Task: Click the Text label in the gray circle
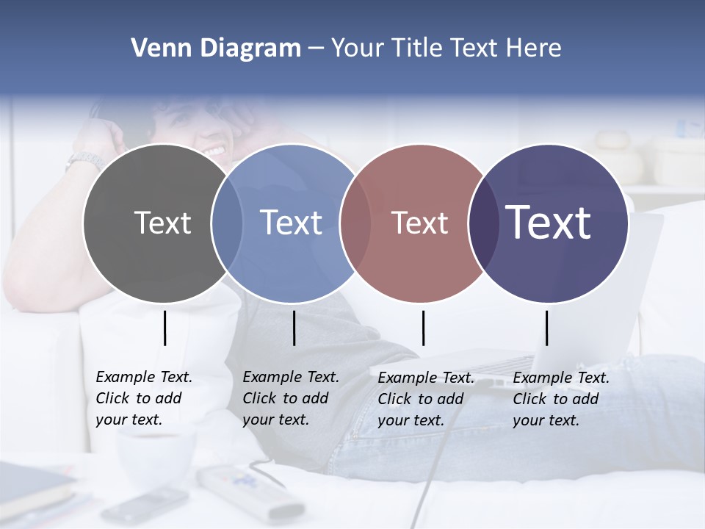[x=162, y=223]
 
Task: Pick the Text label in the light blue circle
[x=292, y=223]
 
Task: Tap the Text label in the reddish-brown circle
[x=419, y=223]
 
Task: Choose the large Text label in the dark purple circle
[x=549, y=222]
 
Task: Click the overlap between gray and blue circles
[x=227, y=223]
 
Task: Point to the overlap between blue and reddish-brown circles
[x=356, y=223]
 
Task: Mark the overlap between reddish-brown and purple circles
[x=483, y=223]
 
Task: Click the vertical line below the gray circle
[x=164, y=328]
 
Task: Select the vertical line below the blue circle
[x=294, y=328]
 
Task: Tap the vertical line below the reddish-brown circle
[x=423, y=328]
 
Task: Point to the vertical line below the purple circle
[x=546, y=328]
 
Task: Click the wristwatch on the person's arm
[x=85, y=159]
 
